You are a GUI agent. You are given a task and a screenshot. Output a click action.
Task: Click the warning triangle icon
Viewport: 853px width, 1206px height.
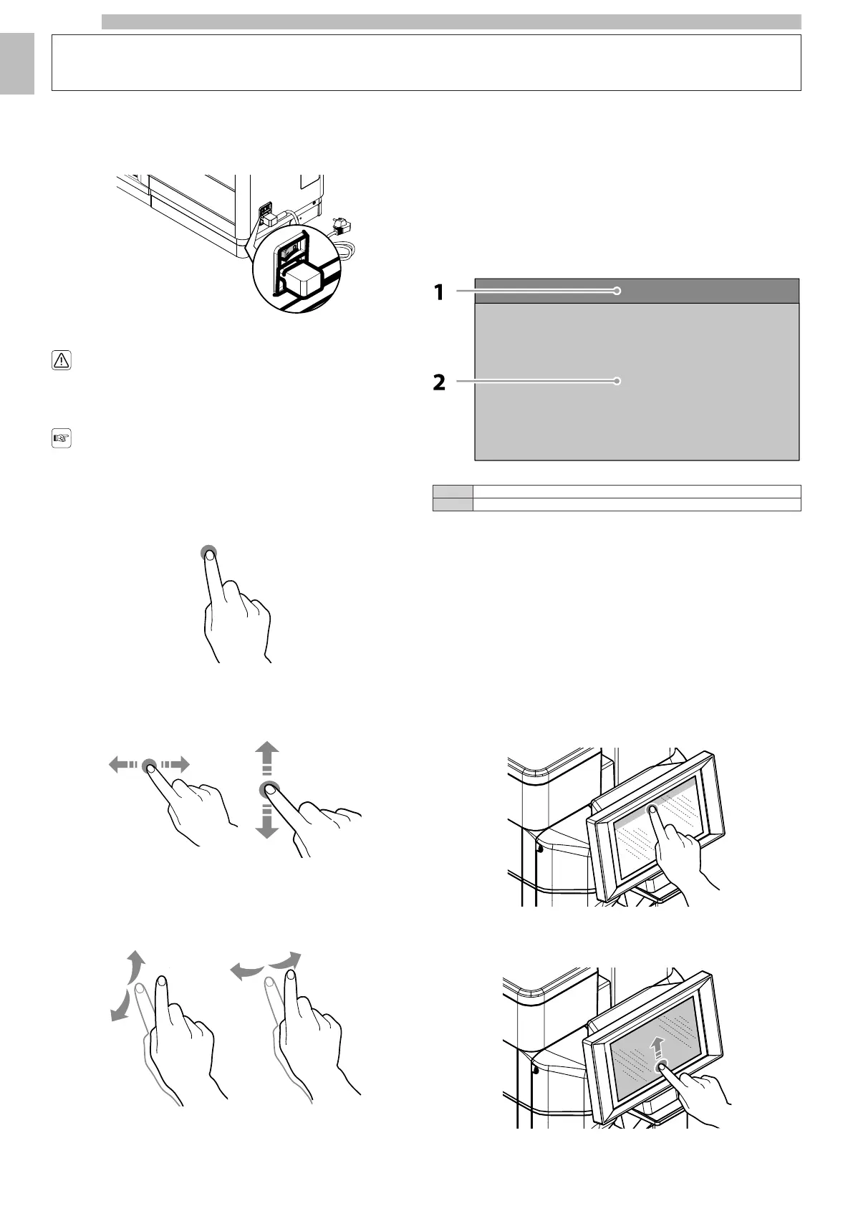click(x=62, y=361)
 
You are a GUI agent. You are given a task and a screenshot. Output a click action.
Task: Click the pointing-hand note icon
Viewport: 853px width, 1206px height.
click(x=62, y=438)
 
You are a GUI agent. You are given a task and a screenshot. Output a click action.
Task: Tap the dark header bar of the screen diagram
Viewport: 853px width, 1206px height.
click(x=637, y=291)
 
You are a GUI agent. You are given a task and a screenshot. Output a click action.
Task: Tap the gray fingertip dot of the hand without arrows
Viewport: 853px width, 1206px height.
click(x=208, y=552)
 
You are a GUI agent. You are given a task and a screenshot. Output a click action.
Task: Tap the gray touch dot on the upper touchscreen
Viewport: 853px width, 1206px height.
click(x=652, y=810)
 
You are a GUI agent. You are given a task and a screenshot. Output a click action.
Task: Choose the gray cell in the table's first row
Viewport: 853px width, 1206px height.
click(x=453, y=491)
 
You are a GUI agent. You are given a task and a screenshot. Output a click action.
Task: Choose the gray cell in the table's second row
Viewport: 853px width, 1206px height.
click(x=453, y=504)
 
